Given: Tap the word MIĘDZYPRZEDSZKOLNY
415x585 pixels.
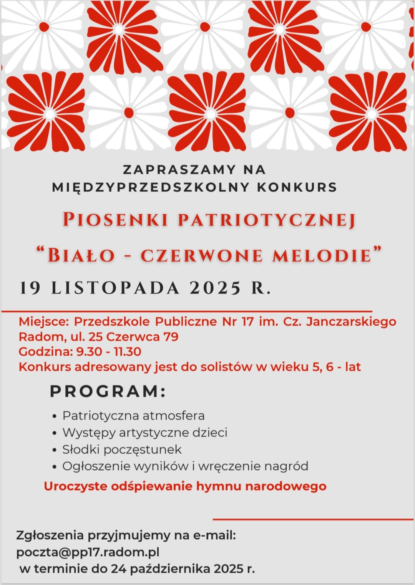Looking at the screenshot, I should (x=151, y=187).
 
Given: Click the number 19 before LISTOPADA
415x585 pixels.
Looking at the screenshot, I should (x=30, y=288).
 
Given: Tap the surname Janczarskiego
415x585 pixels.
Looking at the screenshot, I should (x=351, y=322).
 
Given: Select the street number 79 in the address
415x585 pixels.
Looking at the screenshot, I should (x=171, y=337).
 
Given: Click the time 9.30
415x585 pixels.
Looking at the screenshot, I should (x=89, y=352).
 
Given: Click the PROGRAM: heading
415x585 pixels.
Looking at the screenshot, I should (x=108, y=391).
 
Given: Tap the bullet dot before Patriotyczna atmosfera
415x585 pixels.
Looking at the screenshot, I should (x=55, y=416).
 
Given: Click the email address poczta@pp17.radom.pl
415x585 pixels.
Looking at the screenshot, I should (x=88, y=552).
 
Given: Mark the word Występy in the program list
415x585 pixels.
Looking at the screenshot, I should (x=89, y=433).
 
